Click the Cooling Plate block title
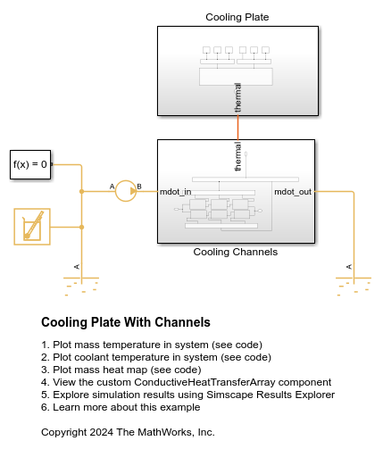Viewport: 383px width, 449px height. [x=237, y=17]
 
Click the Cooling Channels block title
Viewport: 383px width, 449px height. [x=236, y=252]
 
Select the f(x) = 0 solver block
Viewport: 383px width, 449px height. [x=29, y=164]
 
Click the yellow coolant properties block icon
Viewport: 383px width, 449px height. [x=31, y=226]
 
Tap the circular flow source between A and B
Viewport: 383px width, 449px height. [x=126, y=190]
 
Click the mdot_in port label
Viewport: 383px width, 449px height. [x=175, y=191]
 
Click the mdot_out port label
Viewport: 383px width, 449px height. [x=293, y=191]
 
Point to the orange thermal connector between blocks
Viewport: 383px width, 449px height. [x=237, y=127]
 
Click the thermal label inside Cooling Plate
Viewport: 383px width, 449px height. [x=237, y=96]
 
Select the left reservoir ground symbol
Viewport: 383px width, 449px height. [x=81, y=284]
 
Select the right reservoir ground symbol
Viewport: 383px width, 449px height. [x=354, y=284]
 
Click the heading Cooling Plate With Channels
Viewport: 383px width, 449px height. [x=126, y=322]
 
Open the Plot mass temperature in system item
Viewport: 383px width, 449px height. [x=134, y=345]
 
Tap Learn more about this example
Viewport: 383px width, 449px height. [x=116, y=407]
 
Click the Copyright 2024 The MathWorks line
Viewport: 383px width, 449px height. [x=128, y=432]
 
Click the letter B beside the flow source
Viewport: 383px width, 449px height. [x=139, y=186]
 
